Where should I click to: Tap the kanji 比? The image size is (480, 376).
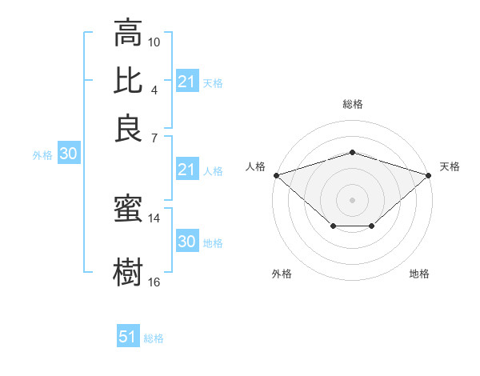(128, 80)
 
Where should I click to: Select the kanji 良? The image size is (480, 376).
(128, 127)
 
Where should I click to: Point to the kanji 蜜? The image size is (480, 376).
(128, 210)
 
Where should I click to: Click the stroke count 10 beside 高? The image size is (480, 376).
(154, 42)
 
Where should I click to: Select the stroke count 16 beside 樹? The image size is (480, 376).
(154, 282)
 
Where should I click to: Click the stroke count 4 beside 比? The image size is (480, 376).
(154, 89)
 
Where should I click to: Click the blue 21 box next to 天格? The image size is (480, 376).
(186, 82)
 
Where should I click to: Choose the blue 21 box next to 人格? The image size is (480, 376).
(186, 170)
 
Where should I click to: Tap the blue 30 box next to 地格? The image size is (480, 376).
(186, 242)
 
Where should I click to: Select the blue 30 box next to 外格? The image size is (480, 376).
(68, 154)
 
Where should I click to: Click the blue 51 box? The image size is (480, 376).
(128, 337)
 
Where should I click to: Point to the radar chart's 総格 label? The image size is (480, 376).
(353, 104)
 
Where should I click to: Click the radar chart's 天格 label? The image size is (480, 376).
(450, 166)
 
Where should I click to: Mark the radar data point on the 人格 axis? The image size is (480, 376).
(276, 174)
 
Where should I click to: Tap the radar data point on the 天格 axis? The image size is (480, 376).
(429, 174)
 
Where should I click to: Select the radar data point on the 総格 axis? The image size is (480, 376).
(352, 152)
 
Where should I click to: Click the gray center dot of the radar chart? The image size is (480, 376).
(352, 199)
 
